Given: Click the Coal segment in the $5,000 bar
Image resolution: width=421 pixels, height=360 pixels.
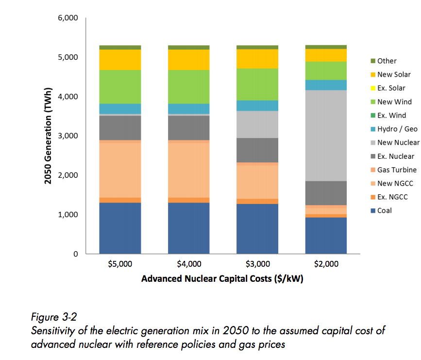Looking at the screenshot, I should point(120,228).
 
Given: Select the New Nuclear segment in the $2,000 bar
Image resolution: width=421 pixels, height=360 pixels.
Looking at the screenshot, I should point(326,136).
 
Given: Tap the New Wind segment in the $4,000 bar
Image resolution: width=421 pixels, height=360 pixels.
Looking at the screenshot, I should point(188,86).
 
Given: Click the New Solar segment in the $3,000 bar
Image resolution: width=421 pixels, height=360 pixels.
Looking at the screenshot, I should point(257,59).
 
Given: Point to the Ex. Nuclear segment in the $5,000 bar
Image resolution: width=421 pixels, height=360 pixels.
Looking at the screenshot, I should point(120,128).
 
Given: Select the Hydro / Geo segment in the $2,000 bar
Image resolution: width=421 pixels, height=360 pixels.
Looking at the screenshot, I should point(326,85).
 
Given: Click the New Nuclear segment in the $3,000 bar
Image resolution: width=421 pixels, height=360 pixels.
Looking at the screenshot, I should point(257,124).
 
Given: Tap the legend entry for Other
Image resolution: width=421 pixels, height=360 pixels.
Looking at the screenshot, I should point(387,61).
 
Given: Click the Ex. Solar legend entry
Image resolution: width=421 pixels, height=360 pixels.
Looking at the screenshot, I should point(391,88).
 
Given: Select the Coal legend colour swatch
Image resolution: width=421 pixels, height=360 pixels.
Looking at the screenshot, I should point(373,211).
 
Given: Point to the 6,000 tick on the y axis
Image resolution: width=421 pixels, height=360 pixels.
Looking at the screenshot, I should point(68,18).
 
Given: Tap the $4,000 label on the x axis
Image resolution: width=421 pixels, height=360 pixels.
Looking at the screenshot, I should point(188,265).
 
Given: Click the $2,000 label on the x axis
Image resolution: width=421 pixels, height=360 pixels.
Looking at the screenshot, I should point(326,265).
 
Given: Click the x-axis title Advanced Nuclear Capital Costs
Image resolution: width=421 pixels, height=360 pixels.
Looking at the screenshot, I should point(222,279).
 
